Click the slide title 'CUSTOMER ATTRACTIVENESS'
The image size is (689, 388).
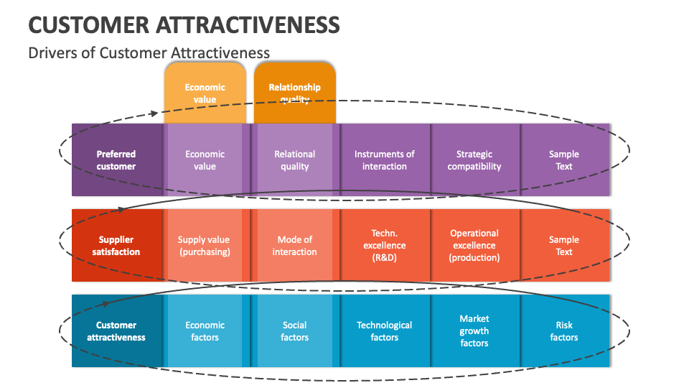point(184,24)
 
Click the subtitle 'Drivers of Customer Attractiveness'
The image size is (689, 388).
point(149,52)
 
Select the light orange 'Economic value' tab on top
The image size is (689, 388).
point(205,93)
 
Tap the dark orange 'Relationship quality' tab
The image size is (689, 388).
point(294,93)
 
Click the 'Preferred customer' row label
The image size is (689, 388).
point(116,160)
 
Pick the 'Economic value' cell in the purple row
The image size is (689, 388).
point(205,160)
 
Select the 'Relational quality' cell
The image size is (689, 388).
point(294,160)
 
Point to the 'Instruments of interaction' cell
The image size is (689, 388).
point(385,160)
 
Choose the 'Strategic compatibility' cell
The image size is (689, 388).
point(474,160)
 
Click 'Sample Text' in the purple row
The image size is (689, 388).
point(564,160)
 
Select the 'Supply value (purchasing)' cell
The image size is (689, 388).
point(205,246)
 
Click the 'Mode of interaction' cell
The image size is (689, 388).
point(294,246)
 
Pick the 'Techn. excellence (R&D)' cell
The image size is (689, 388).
point(385,246)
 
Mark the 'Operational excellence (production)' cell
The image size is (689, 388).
point(474,246)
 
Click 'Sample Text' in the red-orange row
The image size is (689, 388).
point(564,246)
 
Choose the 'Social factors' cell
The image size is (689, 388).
point(294,331)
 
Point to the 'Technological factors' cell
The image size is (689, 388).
point(385,331)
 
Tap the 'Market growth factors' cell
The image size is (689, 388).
point(474,331)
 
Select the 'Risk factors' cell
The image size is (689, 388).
point(564,331)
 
